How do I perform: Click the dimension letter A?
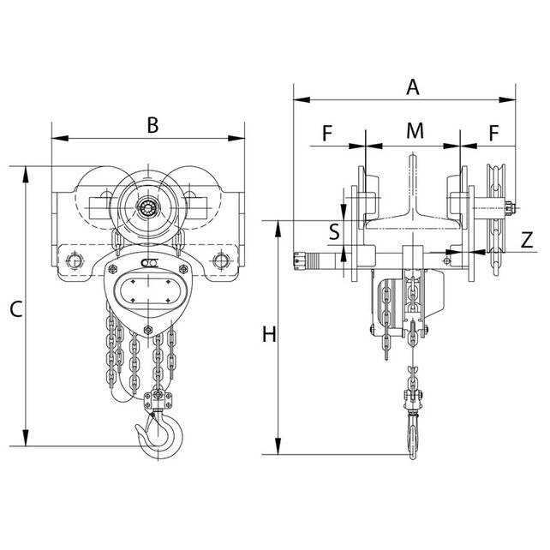413,87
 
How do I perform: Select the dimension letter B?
152,125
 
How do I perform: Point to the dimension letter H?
269,334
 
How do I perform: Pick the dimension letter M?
415,131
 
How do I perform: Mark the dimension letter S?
334,231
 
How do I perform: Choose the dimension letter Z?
528,241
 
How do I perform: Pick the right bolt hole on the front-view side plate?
222,260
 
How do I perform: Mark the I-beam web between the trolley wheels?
413,185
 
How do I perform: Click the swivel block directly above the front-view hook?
158,398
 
